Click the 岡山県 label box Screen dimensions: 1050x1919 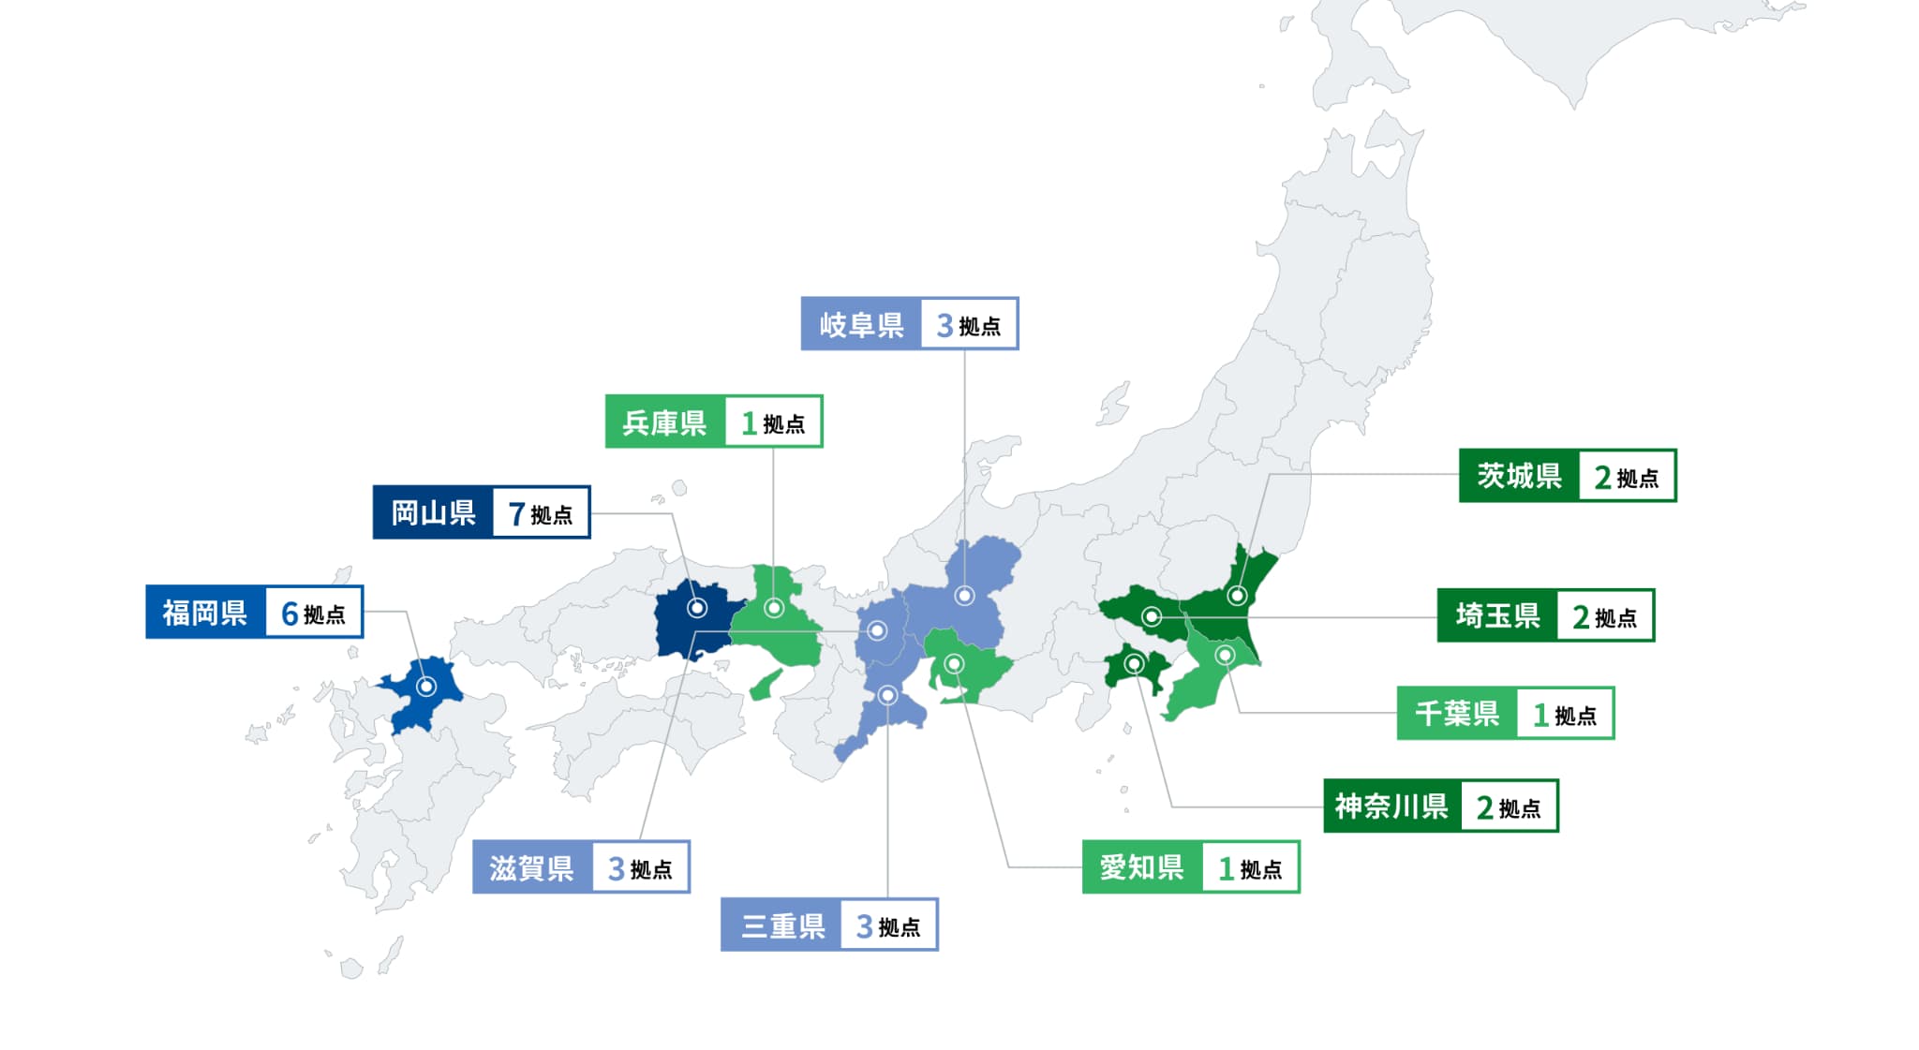(433, 512)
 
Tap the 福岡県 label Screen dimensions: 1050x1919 (205, 613)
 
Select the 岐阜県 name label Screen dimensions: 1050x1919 (861, 324)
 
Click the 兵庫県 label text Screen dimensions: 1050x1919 (664, 422)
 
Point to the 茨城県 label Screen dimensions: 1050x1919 (1519, 476)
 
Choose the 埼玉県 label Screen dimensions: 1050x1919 (1497, 615)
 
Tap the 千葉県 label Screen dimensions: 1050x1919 (1457, 714)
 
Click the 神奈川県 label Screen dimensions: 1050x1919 (1391, 806)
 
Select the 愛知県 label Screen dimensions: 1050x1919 (1141, 867)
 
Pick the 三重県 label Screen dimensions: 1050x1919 (781, 925)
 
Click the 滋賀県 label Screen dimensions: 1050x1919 (531, 867)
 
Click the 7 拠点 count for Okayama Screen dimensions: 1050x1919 (541, 513)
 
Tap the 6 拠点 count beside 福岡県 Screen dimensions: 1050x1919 (314, 614)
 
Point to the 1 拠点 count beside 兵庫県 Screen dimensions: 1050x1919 (773, 423)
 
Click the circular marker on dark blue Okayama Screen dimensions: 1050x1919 (697, 608)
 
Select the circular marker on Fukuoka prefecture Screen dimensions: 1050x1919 (426, 687)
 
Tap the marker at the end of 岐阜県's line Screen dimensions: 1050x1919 (964, 596)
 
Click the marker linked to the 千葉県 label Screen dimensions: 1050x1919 (1225, 655)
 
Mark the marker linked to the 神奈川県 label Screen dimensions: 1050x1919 (1134, 664)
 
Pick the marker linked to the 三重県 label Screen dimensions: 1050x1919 (887, 695)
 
